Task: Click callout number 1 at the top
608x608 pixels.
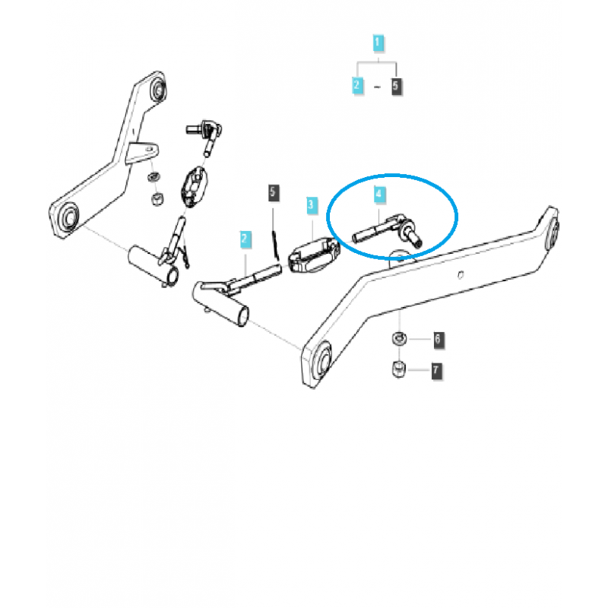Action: click(378, 43)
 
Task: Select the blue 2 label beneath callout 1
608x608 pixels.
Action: click(358, 86)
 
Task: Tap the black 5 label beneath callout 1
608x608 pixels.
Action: click(396, 86)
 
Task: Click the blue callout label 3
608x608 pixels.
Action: click(311, 205)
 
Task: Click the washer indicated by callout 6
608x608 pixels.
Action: click(397, 337)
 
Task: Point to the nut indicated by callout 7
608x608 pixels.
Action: click(397, 369)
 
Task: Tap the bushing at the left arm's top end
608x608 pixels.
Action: click(158, 89)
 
